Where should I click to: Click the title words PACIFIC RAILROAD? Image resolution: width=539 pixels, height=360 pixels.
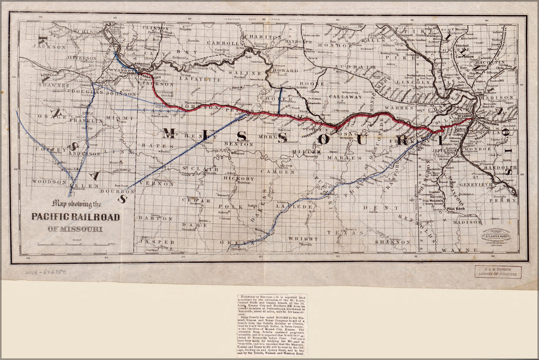(76, 217)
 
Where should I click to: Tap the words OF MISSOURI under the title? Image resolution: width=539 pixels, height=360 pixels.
(74, 229)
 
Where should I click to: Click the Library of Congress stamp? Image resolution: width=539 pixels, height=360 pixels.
(497, 272)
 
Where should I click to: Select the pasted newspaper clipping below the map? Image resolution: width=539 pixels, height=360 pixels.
(271, 325)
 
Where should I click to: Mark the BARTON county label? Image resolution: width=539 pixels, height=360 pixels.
(156, 218)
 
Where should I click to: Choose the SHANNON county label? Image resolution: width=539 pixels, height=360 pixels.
(393, 241)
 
